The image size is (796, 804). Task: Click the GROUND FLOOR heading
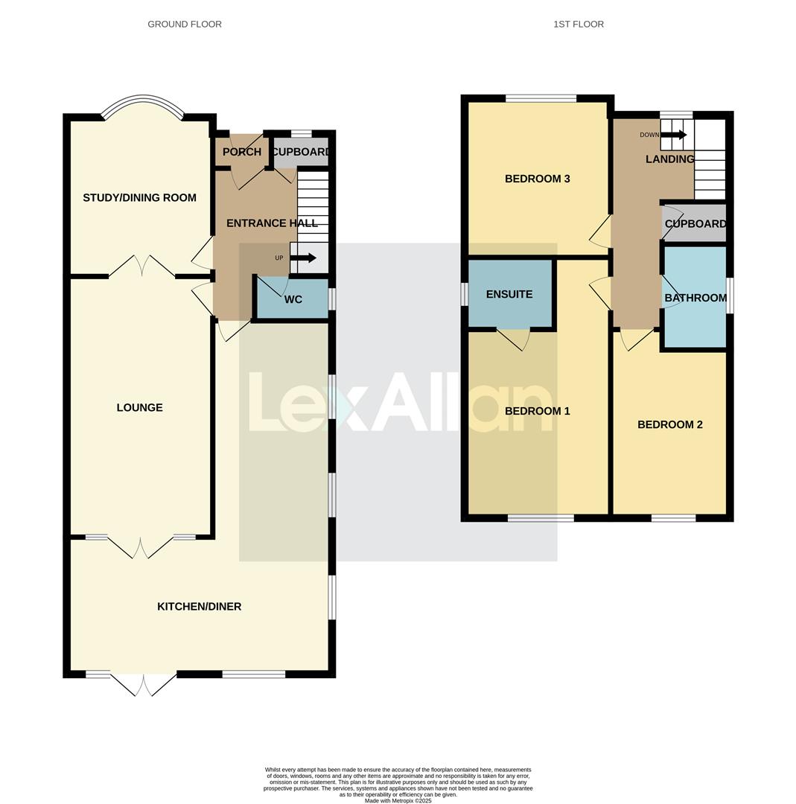coord(185,25)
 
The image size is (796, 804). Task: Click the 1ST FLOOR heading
coord(578,25)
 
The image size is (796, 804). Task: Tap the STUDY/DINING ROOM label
coord(139,198)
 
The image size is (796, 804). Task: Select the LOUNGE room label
coord(139,408)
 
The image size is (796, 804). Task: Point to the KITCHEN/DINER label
coord(199,607)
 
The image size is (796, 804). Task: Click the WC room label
coord(293,300)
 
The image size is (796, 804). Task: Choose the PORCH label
coord(242,153)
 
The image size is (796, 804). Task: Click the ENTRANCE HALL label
coord(272,223)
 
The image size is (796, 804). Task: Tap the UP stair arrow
coord(303,258)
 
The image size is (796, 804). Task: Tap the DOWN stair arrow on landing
coord(673,135)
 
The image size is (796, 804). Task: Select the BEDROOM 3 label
coord(537,179)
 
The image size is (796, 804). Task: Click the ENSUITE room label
coord(509,295)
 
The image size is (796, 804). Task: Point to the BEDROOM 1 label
coord(537,412)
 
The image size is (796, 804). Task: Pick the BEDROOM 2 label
coord(669,425)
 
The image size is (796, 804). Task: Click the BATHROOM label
coord(695,299)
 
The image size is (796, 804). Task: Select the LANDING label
coord(669,159)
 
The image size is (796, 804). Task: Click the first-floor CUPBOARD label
coord(695,224)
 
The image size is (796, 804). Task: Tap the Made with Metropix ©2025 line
coord(398,801)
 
